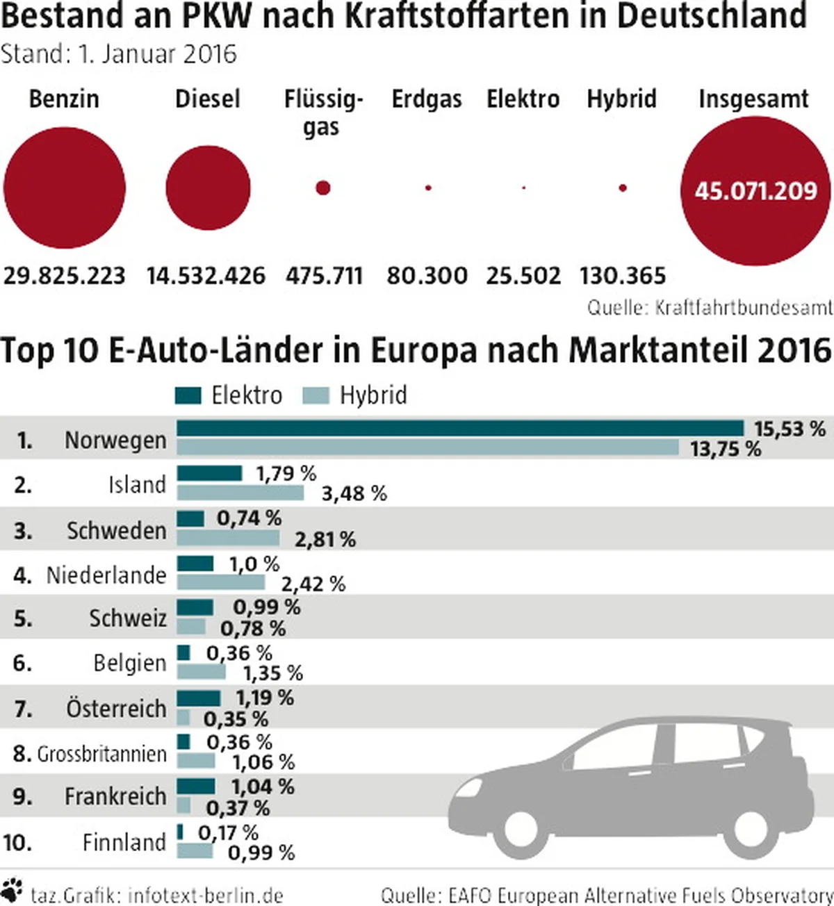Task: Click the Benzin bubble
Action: pyautogui.click(x=65, y=188)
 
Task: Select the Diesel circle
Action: pyautogui.click(x=208, y=188)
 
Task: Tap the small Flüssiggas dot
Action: pyautogui.click(x=322, y=188)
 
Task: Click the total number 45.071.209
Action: pyautogui.click(x=756, y=190)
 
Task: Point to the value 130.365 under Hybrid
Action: pyautogui.click(x=623, y=276)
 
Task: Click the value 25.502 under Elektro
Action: pyautogui.click(x=523, y=276)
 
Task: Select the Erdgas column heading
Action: pyautogui.click(x=427, y=99)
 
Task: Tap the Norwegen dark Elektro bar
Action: pyautogui.click(x=460, y=428)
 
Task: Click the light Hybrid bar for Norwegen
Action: pyautogui.click(x=427, y=447)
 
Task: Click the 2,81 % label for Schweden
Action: pyautogui.click(x=325, y=539)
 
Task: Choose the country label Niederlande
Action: pyautogui.click(x=106, y=575)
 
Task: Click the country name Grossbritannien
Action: pyautogui.click(x=101, y=754)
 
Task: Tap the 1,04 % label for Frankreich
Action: pyautogui.click(x=263, y=786)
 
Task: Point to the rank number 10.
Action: pyautogui.click(x=17, y=843)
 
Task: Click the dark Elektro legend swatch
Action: pyautogui.click(x=188, y=395)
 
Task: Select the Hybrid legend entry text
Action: pyautogui.click(x=373, y=395)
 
